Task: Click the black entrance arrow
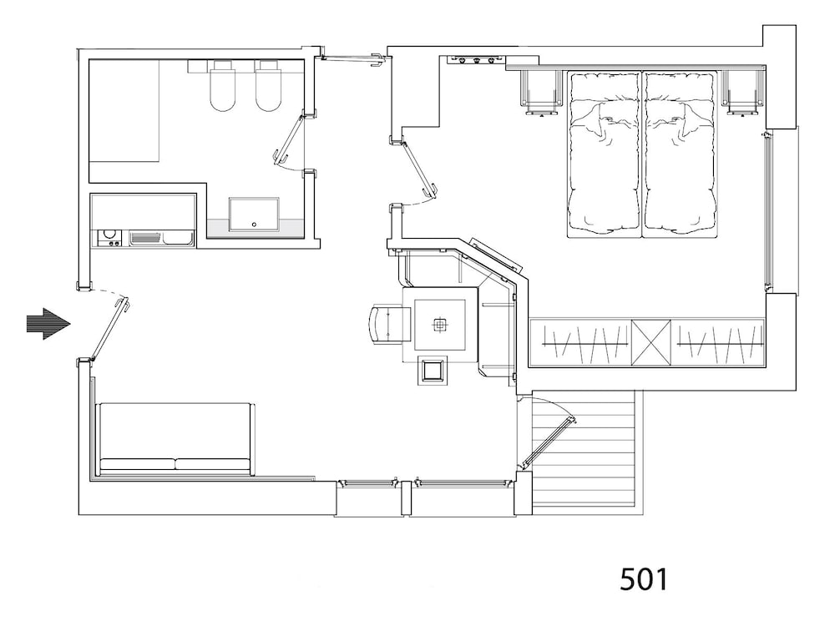[x=48, y=324]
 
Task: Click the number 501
[x=643, y=579]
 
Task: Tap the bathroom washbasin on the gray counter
[x=254, y=214]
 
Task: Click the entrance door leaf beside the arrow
[x=109, y=330]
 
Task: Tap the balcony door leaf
[x=548, y=442]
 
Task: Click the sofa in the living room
[x=175, y=439]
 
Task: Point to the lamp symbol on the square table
[x=439, y=325]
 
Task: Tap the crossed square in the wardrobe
[x=651, y=342]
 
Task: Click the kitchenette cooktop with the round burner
[x=109, y=238]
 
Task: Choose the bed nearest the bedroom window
[x=679, y=154]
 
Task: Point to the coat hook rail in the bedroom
[x=476, y=59]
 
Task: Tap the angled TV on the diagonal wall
[x=496, y=255]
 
